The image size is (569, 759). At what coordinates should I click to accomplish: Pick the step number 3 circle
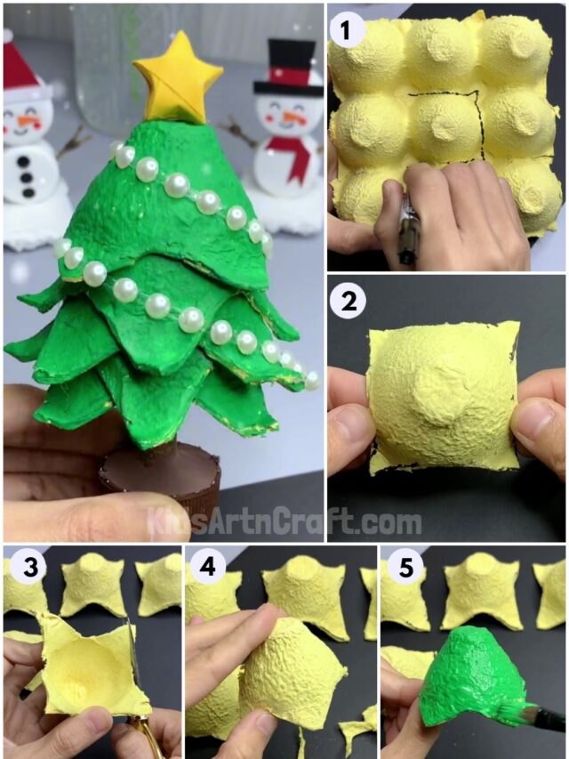pos(20,568)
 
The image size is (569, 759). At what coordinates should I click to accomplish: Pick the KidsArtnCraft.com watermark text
pos(284,521)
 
